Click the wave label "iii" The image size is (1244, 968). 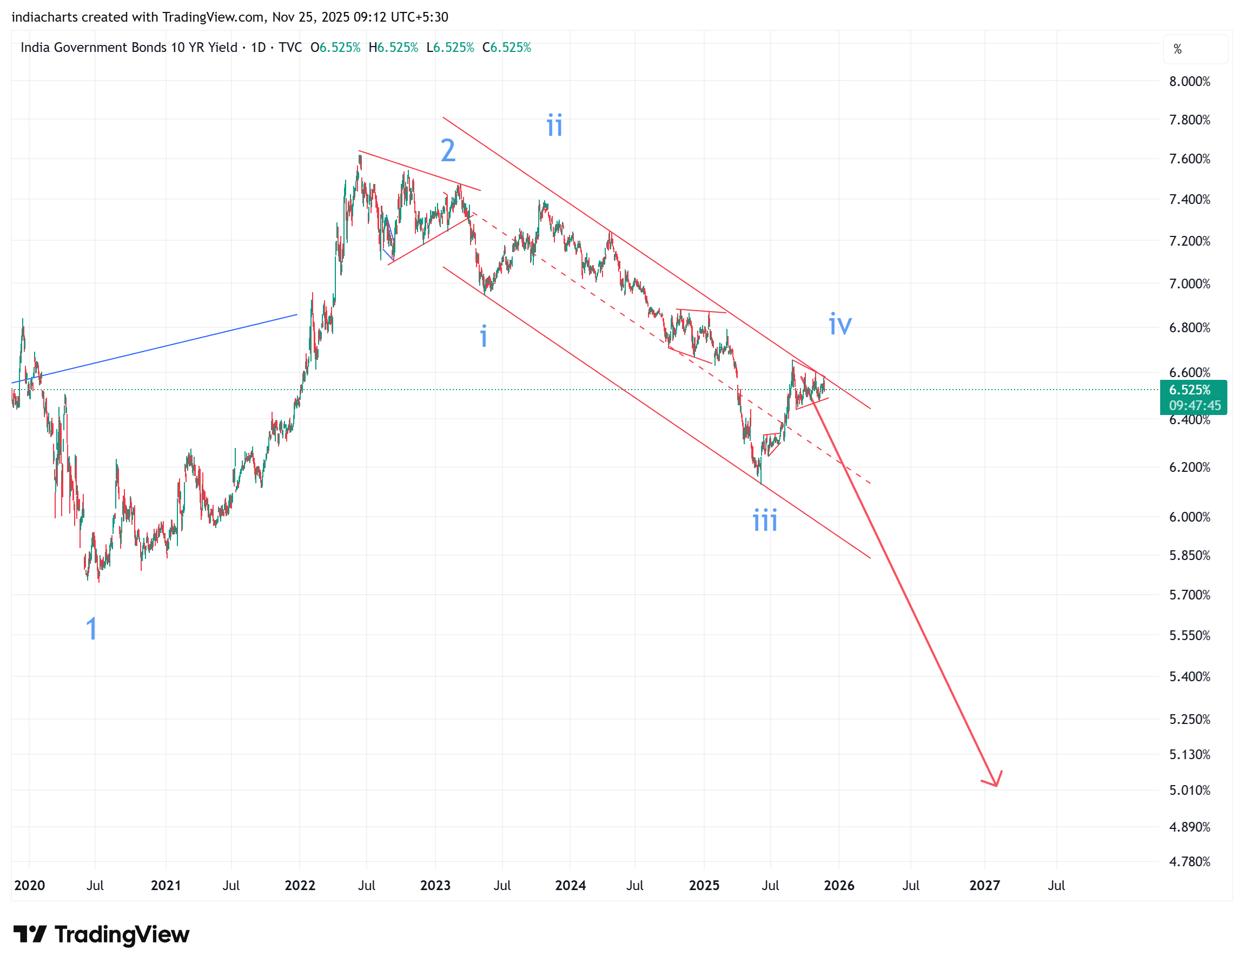coord(764,521)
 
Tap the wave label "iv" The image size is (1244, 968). coord(839,324)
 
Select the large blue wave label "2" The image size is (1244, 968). coord(448,151)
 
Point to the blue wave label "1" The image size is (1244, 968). coord(91,629)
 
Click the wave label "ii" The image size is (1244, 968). coord(554,125)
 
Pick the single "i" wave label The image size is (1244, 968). coord(484,336)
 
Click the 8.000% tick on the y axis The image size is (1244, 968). coord(1189,82)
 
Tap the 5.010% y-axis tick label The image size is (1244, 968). coord(1189,790)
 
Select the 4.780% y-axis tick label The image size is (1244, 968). coord(1189,861)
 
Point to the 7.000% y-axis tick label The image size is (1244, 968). coord(1189,284)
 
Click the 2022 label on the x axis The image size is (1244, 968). coord(300,885)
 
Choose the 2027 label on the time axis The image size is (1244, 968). coord(984,885)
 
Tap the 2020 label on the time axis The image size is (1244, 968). coord(29,885)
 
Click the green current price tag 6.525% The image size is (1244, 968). coord(1193,390)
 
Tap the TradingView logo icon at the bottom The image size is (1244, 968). coord(30,934)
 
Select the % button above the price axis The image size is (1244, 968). coord(1177,50)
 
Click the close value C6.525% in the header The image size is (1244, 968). coord(506,48)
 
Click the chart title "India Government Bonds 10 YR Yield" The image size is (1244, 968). coord(129,48)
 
